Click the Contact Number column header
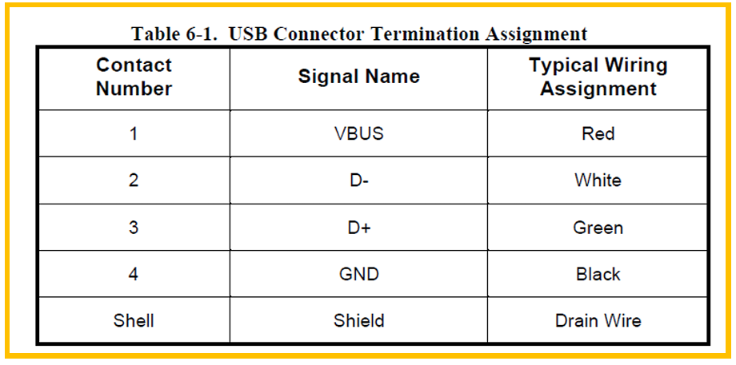point(134,77)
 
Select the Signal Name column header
point(358,77)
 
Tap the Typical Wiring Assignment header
point(598,77)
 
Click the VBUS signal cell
point(358,133)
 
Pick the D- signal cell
point(358,181)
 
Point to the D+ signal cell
point(358,228)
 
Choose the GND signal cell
point(358,274)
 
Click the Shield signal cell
point(358,321)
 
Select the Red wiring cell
point(598,133)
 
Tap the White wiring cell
point(598,181)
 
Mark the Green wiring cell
point(598,228)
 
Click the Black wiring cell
point(598,274)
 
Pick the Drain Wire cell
point(598,321)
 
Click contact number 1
point(134,133)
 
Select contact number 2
point(134,181)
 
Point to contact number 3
point(134,228)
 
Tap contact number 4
point(134,274)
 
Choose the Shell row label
point(134,321)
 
